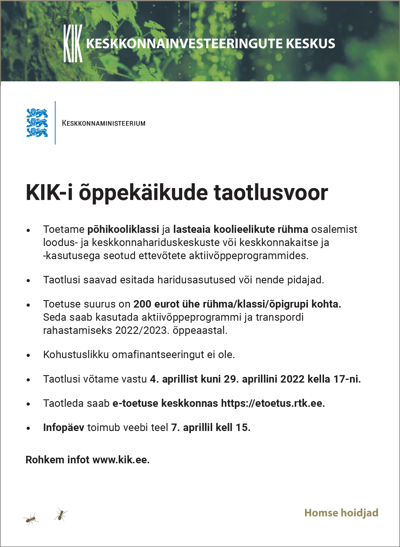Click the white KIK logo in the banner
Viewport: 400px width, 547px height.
coord(73,44)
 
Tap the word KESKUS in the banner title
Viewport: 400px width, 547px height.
coord(310,44)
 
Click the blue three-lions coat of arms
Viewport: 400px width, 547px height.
coord(37,123)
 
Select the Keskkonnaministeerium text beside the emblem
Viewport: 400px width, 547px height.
coord(104,123)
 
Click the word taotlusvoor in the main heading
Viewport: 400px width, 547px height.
coord(271,192)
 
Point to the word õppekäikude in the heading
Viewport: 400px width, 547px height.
coord(143,193)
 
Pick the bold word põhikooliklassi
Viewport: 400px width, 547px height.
coord(123,229)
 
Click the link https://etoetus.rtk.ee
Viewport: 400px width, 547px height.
coord(273,403)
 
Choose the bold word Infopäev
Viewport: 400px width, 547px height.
coord(63,427)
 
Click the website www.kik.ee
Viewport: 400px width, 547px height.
coord(121,459)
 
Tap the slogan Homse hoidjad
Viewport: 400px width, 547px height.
coord(341,513)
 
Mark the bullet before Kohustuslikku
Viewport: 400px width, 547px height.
coord(28,355)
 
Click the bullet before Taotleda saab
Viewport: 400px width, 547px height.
coord(28,404)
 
